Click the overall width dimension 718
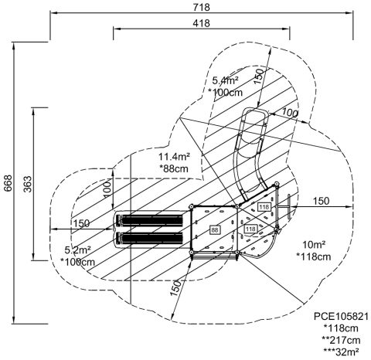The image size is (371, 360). click(x=202, y=7)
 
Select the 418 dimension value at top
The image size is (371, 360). click(x=202, y=23)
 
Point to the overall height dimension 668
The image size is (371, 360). click(x=9, y=183)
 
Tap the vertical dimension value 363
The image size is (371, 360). click(x=28, y=184)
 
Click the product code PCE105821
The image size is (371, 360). click(x=341, y=316)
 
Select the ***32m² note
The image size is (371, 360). click(x=341, y=352)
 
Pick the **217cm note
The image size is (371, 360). click(x=341, y=340)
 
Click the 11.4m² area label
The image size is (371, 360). click(x=174, y=156)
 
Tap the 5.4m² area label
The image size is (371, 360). click(x=225, y=80)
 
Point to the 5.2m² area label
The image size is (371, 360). click(x=77, y=250)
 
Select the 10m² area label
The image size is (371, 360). click(x=314, y=245)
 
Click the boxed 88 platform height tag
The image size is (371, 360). click(x=215, y=229)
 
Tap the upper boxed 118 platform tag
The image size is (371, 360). click(x=264, y=207)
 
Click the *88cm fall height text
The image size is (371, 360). click(x=174, y=168)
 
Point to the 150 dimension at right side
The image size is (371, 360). click(x=321, y=201)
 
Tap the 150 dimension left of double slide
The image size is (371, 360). click(x=81, y=223)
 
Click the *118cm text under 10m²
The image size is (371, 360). click(x=314, y=256)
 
